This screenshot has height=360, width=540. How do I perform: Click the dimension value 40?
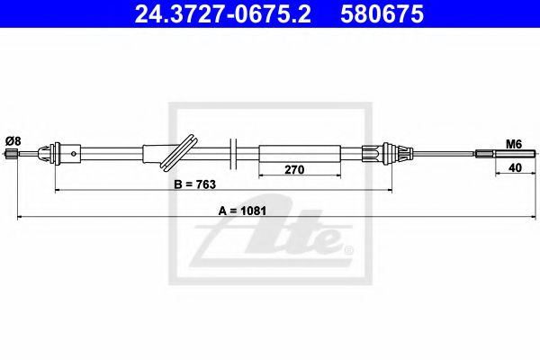point(514,167)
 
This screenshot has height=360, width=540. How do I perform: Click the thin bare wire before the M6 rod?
point(441,154)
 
